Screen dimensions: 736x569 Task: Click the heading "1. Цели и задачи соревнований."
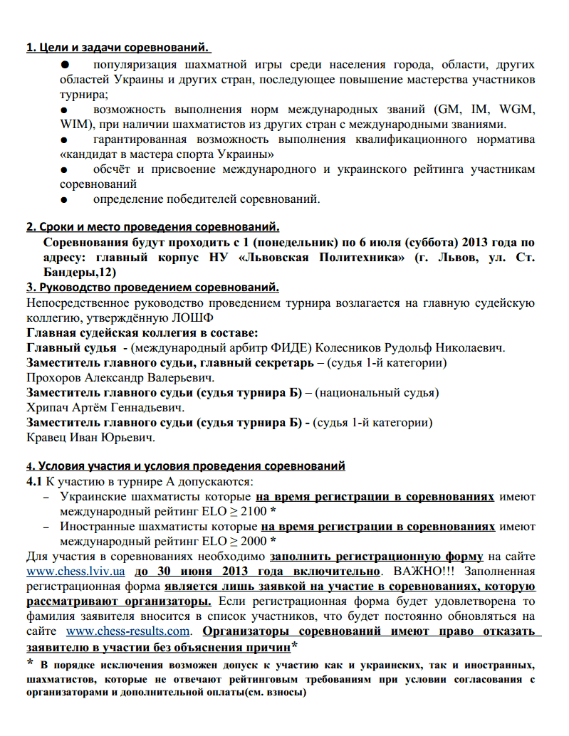pos(118,48)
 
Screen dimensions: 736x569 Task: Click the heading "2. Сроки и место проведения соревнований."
pos(152,228)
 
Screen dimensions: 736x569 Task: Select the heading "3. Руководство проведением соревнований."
pos(152,288)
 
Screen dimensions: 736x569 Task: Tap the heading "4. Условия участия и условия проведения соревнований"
pos(186,467)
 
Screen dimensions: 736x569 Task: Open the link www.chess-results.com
pos(129,631)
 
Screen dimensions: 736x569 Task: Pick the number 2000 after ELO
pos(245,541)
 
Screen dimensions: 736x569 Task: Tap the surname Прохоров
pos(54,377)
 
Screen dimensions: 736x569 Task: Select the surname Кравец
pos(47,436)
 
